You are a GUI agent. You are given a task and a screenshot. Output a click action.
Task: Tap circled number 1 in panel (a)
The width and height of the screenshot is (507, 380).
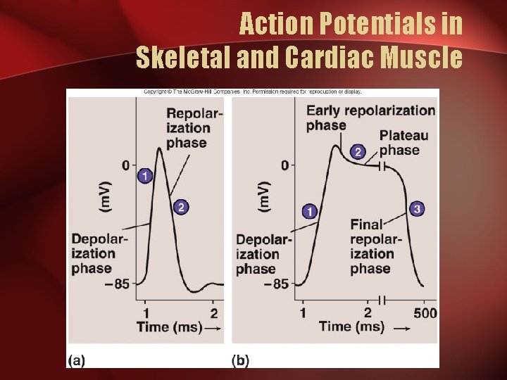pos(145,175)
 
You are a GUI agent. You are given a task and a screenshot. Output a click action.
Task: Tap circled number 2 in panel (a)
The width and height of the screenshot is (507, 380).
pos(181,207)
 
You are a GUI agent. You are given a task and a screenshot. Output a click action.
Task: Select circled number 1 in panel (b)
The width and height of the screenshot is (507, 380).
pos(308,210)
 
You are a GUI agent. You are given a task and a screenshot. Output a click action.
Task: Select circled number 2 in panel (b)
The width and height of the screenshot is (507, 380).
pos(358,152)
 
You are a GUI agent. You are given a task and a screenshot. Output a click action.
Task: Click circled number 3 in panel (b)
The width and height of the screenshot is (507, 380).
pos(417,209)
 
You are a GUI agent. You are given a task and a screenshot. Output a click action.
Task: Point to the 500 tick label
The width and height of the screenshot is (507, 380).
pos(425,313)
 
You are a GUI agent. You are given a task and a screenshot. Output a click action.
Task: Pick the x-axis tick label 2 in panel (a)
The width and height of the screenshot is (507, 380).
pos(213,313)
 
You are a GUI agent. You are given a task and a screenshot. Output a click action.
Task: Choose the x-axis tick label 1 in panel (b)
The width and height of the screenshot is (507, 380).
pos(303,313)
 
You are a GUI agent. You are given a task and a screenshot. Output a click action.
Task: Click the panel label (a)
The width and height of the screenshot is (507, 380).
pos(76,360)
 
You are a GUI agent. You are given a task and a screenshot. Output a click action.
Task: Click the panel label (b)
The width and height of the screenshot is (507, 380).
pos(240,360)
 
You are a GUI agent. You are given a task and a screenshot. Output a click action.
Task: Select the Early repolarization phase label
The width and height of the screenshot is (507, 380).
pos(370,118)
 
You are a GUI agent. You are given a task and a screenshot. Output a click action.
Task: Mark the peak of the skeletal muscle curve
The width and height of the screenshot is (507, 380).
pos(159,148)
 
